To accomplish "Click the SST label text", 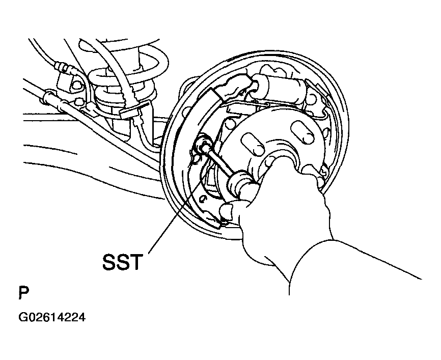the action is pos(122,262).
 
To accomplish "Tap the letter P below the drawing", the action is pos(23,293).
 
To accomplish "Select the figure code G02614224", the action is pos(52,317).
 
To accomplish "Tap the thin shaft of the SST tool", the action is pos(220,162).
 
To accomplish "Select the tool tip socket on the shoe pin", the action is pos(203,144).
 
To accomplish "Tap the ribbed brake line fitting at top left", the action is pos(63,68).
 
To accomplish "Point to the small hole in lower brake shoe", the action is pos(202,199).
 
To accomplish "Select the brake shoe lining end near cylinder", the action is pos(216,94).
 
